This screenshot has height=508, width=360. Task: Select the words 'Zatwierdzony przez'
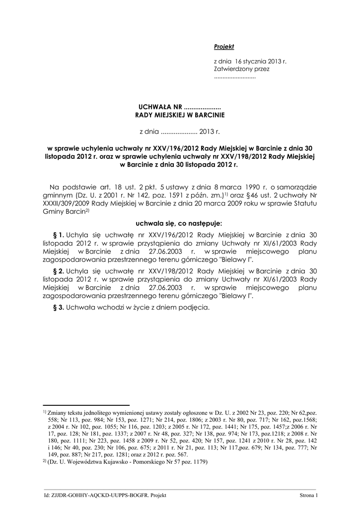pos(241,69)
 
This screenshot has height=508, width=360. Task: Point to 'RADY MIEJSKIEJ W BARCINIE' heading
pos(180,115)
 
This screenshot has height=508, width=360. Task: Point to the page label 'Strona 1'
pos(308,495)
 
